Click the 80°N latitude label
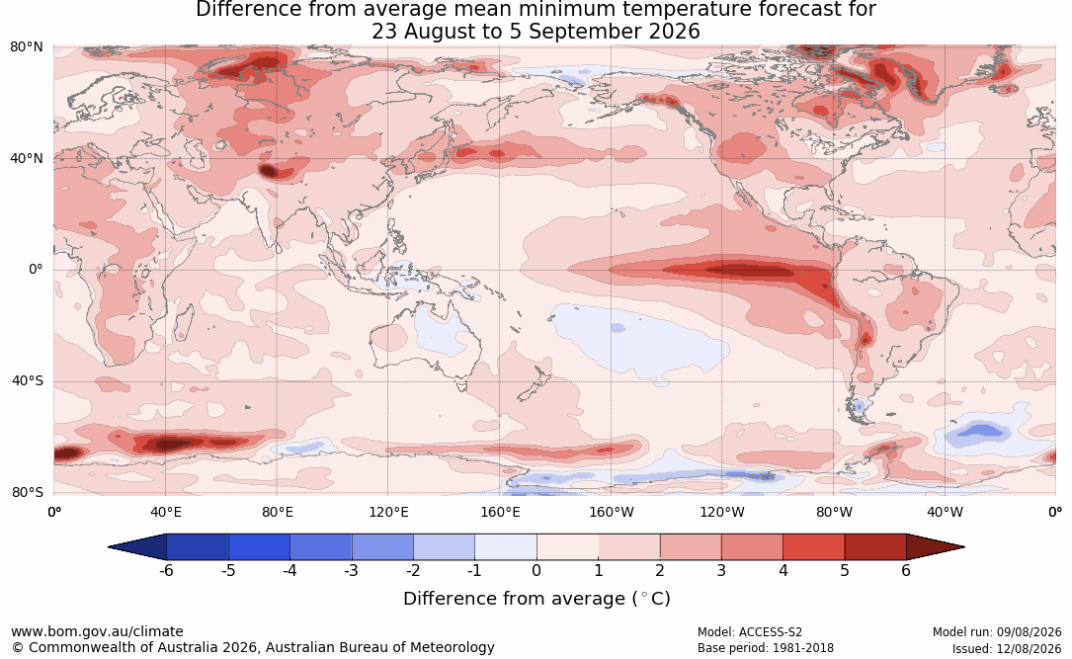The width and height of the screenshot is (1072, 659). coord(26,47)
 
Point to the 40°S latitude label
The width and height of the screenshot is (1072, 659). coord(28,380)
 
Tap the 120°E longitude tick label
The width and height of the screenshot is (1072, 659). coord(388,512)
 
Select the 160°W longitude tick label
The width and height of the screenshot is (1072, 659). coord(612,512)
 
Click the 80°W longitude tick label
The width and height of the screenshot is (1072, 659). coord(834,512)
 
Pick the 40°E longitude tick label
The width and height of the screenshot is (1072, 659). coord(165,512)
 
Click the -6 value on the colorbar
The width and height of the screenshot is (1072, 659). coord(166,570)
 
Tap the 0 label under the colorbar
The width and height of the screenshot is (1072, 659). coord(536,570)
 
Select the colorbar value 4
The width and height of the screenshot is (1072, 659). coord(783,570)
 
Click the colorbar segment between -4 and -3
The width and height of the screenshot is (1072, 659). coord(321,547)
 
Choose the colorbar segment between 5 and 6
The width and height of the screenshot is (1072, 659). coord(875,547)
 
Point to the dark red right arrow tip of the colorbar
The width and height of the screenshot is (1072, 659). coord(964,547)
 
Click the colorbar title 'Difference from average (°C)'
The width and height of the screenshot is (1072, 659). coord(536,599)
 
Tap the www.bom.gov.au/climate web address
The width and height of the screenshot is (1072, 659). coord(97,631)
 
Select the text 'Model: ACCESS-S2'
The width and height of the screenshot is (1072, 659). coord(750,632)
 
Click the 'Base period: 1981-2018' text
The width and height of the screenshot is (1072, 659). coord(766,648)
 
